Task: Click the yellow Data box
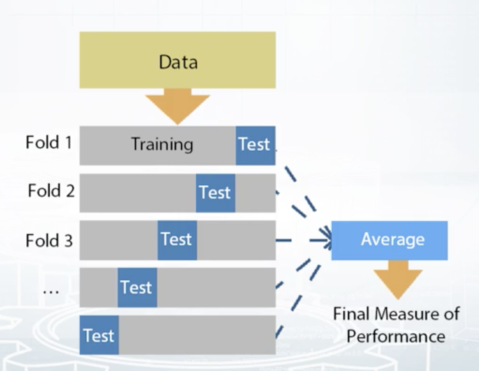[177, 60]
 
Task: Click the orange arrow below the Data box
[177, 106]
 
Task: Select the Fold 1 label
[49, 142]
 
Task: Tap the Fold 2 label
[51, 190]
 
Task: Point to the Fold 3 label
[49, 240]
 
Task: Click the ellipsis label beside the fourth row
[51, 291]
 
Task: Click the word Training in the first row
[162, 144]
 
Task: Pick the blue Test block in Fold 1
[255, 145]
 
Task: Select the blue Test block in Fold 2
[215, 193]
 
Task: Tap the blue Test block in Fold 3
[177, 240]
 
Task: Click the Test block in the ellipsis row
[137, 287]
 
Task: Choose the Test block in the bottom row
[99, 335]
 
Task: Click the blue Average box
[389, 240]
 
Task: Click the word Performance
[396, 336]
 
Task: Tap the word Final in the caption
[351, 314]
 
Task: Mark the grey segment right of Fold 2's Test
[255, 193]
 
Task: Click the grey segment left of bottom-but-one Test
[99, 287]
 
